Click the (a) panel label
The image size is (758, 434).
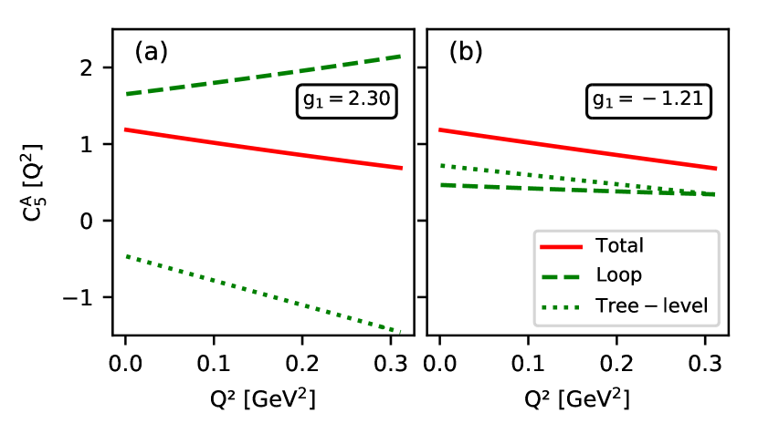pyautogui.click(x=151, y=52)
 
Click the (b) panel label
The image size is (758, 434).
pyautogui.click(x=465, y=52)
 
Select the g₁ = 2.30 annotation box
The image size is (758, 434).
pyautogui.click(x=348, y=101)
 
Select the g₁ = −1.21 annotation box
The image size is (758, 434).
pyautogui.click(x=647, y=101)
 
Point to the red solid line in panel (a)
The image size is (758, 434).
pyautogui.click(x=265, y=150)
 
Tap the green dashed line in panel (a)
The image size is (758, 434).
pyautogui.click(x=265, y=75)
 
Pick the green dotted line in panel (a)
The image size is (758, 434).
pyautogui.click(x=265, y=294)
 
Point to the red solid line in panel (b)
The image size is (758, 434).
pyautogui.click(x=575, y=150)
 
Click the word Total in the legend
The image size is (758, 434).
pyautogui.click(x=619, y=245)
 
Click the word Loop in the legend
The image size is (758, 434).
pyautogui.click(x=618, y=275)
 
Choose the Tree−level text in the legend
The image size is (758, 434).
pyautogui.click(x=651, y=306)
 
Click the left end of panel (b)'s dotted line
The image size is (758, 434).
pyautogui.click(x=441, y=165)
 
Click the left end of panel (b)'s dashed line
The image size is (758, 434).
pyautogui.click(x=441, y=185)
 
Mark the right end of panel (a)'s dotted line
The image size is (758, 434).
pyautogui.click(x=399, y=331)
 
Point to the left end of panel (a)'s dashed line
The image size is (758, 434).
pyautogui.click(x=128, y=94)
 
